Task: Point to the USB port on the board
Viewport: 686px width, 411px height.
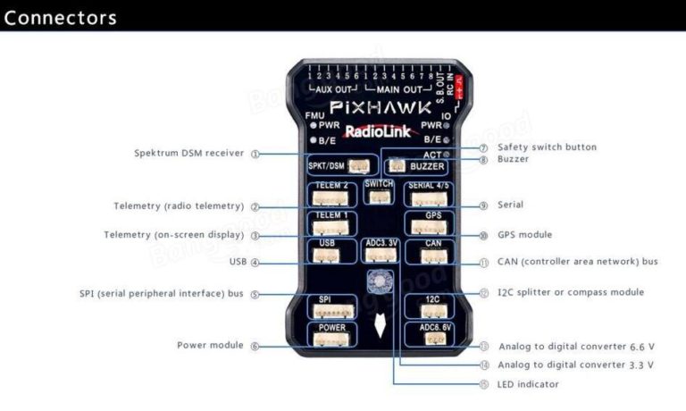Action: point(327,250)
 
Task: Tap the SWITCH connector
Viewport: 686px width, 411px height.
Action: point(380,190)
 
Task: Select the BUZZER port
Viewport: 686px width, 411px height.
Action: point(417,165)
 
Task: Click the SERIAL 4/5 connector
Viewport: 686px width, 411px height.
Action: point(431,194)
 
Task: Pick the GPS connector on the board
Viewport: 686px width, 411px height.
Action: point(431,222)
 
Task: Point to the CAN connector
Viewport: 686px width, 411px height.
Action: point(431,250)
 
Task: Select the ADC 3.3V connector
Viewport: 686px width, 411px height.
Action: point(380,250)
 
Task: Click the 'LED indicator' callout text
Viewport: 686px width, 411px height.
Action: point(528,384)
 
